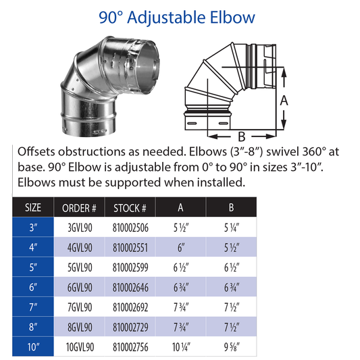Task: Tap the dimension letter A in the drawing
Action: [x=284, y=101]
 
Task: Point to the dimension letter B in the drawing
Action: [x=241, y=136]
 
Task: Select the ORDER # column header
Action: [x=79, y=208]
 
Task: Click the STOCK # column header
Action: [x=130, y=208]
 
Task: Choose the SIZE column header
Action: [x=33, y=207]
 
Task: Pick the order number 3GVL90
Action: [x=80, y=228]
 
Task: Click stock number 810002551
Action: [x=130, y=248]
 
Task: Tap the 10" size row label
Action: [x=34, y=347]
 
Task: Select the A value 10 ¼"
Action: [x=181, y=347]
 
